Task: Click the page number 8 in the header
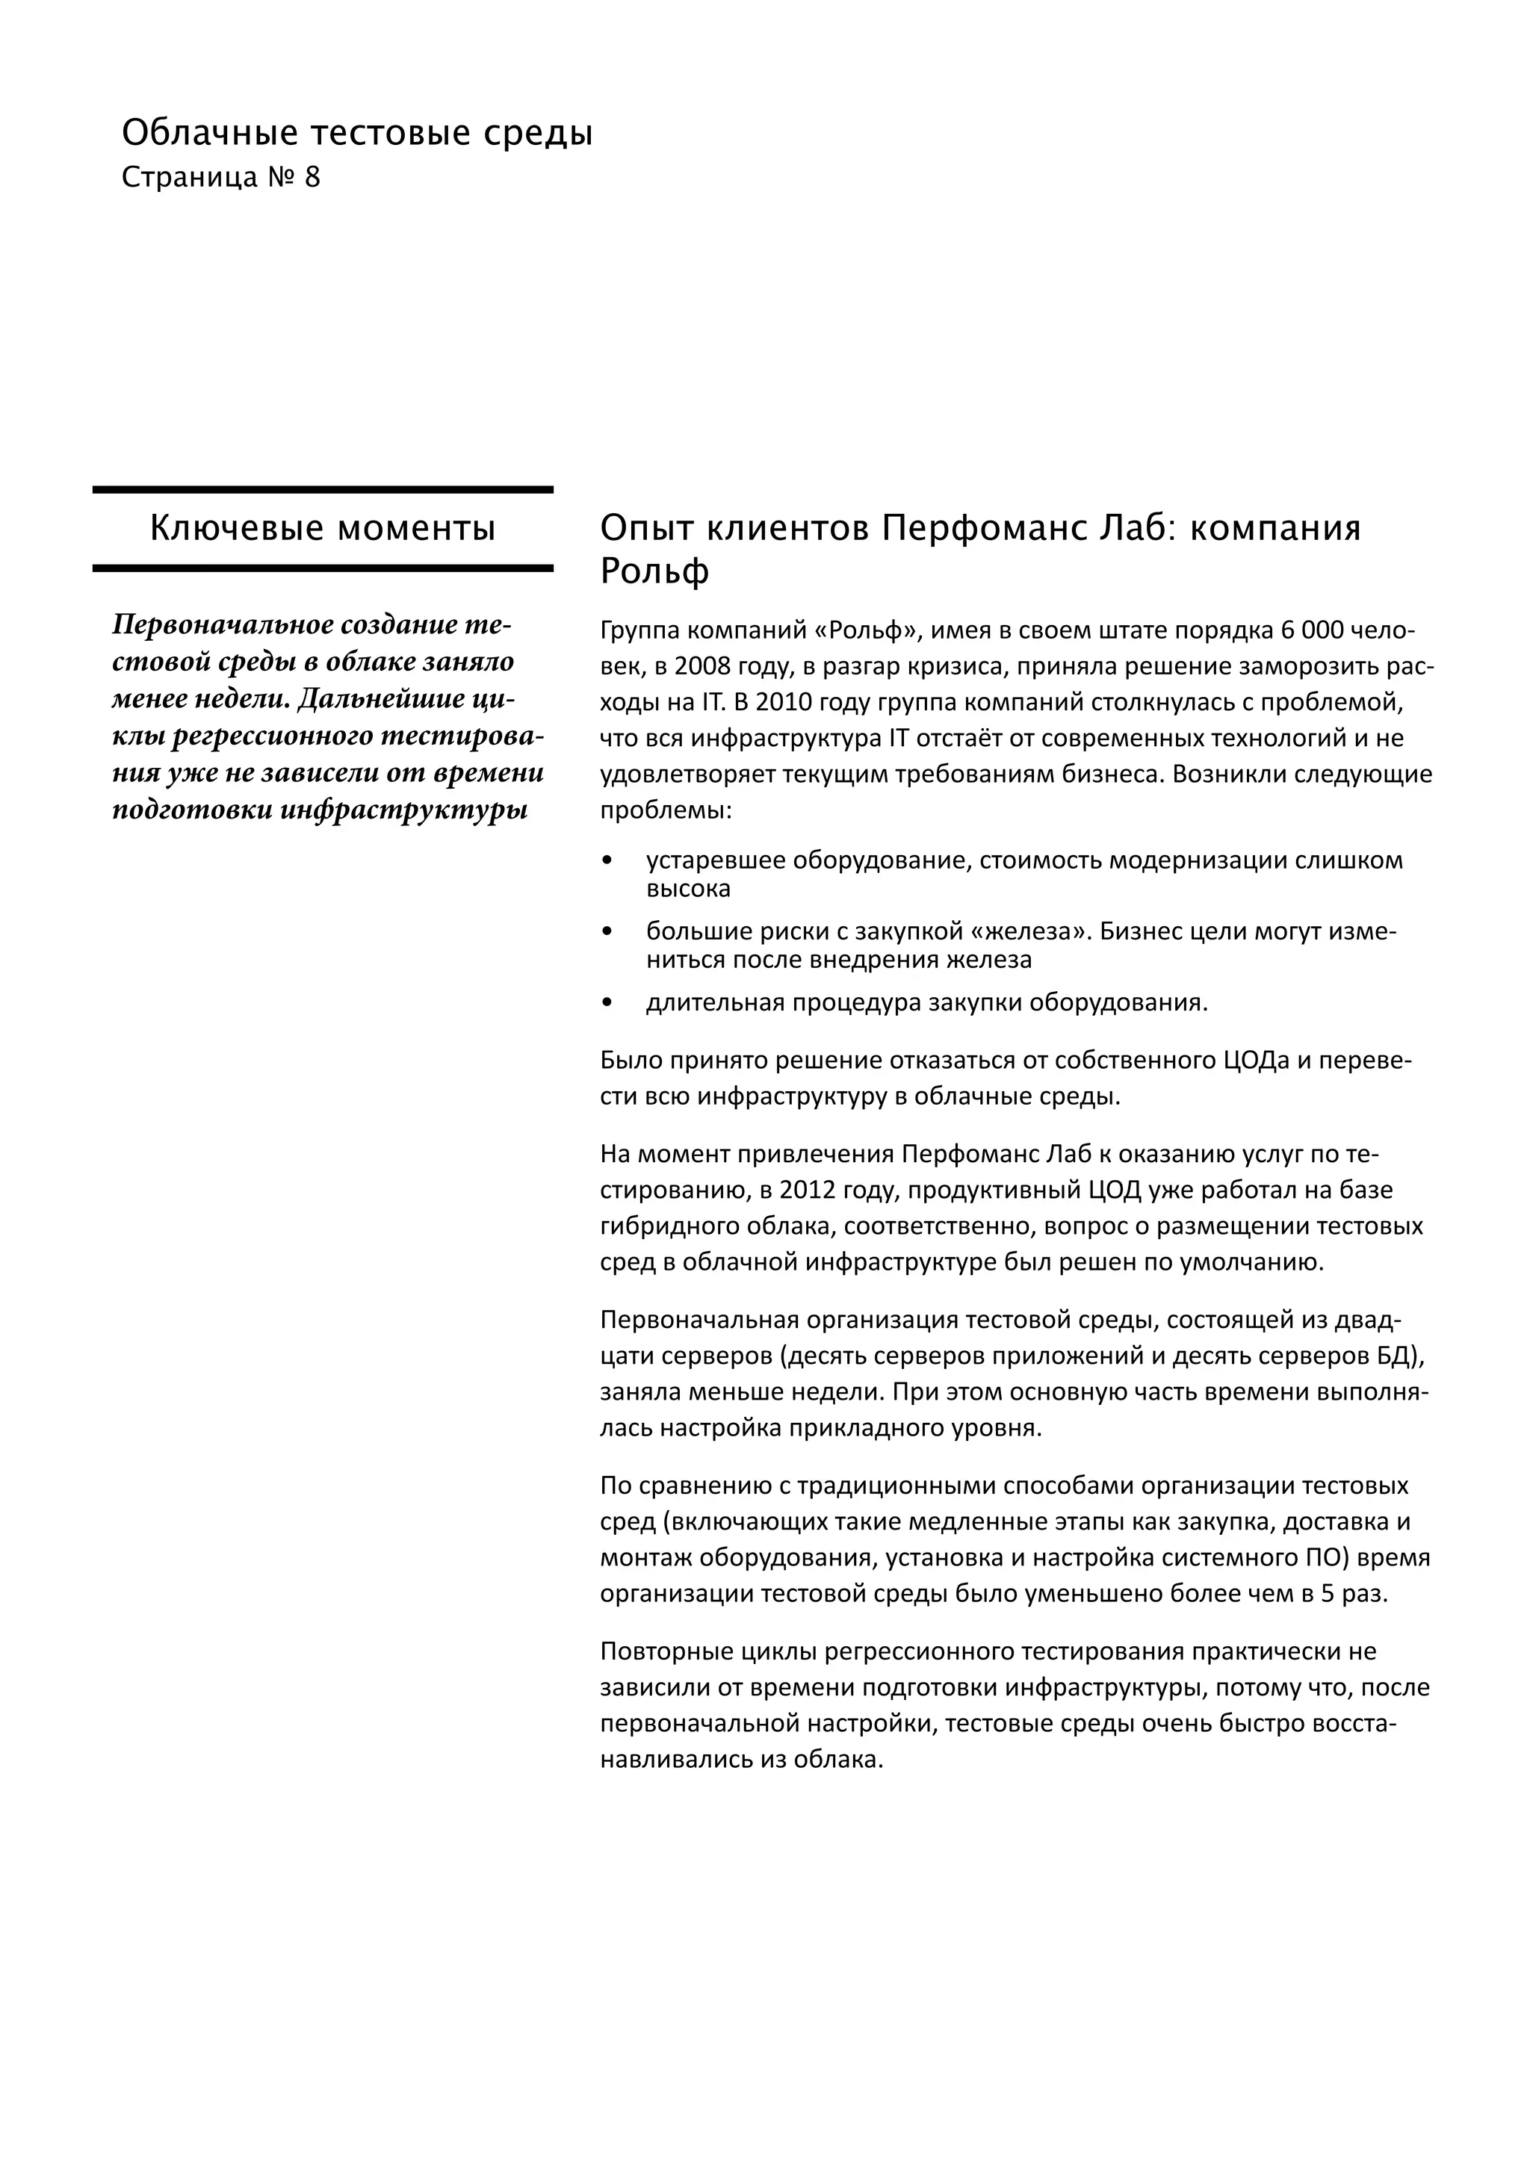pos(312,177)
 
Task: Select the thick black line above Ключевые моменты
pos(322,490)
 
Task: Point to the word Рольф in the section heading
pos(654,571)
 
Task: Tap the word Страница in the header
pos(189,177)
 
